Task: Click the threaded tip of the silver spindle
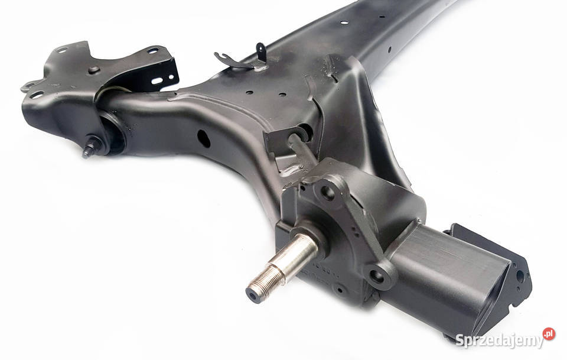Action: pos(262,281)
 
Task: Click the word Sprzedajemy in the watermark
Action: pos(500,340)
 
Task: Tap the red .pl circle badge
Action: pos(549,334)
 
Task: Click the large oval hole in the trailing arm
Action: pos(204,138)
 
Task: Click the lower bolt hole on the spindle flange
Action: pos(377,277)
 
